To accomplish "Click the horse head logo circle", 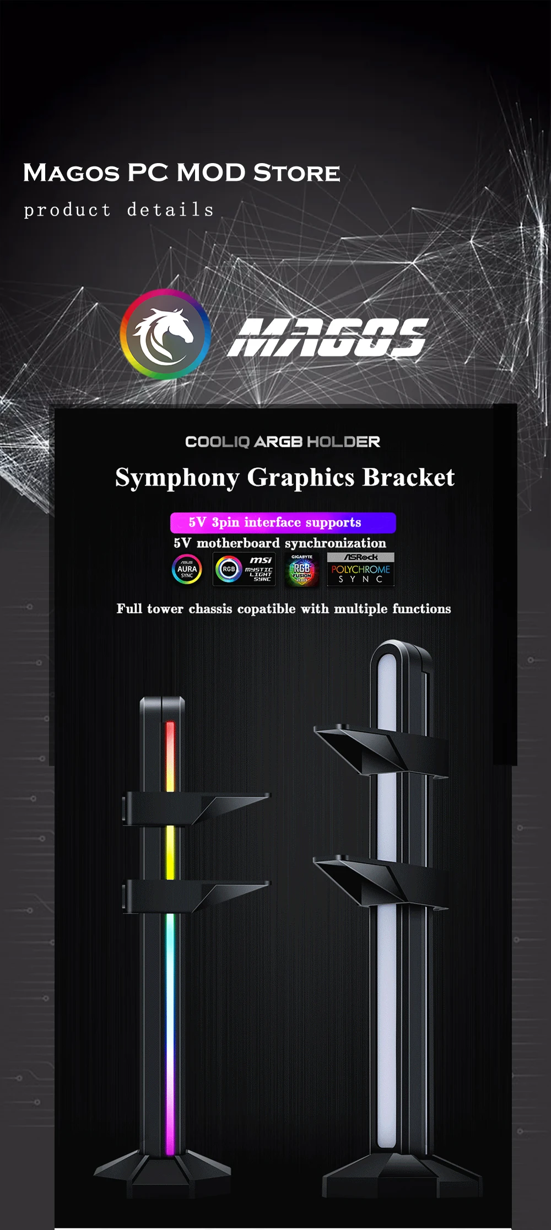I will pyautogui.click(x=165, y=334).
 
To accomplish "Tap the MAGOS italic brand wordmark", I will pyautogui.click(x=327, y=337).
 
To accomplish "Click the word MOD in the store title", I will pyautogui.click(x=211, y=172).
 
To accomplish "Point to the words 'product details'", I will pyautogui.click(x=118, y=210).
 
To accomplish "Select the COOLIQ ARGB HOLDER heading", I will pyautogui.click(x=283, y=441).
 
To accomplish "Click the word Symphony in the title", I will pyautogui.click(x=177, y=477).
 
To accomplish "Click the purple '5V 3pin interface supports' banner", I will pyautogui.click(x=283, y=522).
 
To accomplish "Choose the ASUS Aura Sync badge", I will pyautogui.click(x=187, y=569).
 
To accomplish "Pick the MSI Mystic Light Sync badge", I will pyautogui.click(x=244, y=569).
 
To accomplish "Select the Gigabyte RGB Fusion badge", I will pyautogui.click(x=301, y=570).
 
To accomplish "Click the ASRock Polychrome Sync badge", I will pyautogui.click(x=360, y=569).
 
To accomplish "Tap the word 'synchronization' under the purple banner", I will pyautogui.click(x=335, y=543).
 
